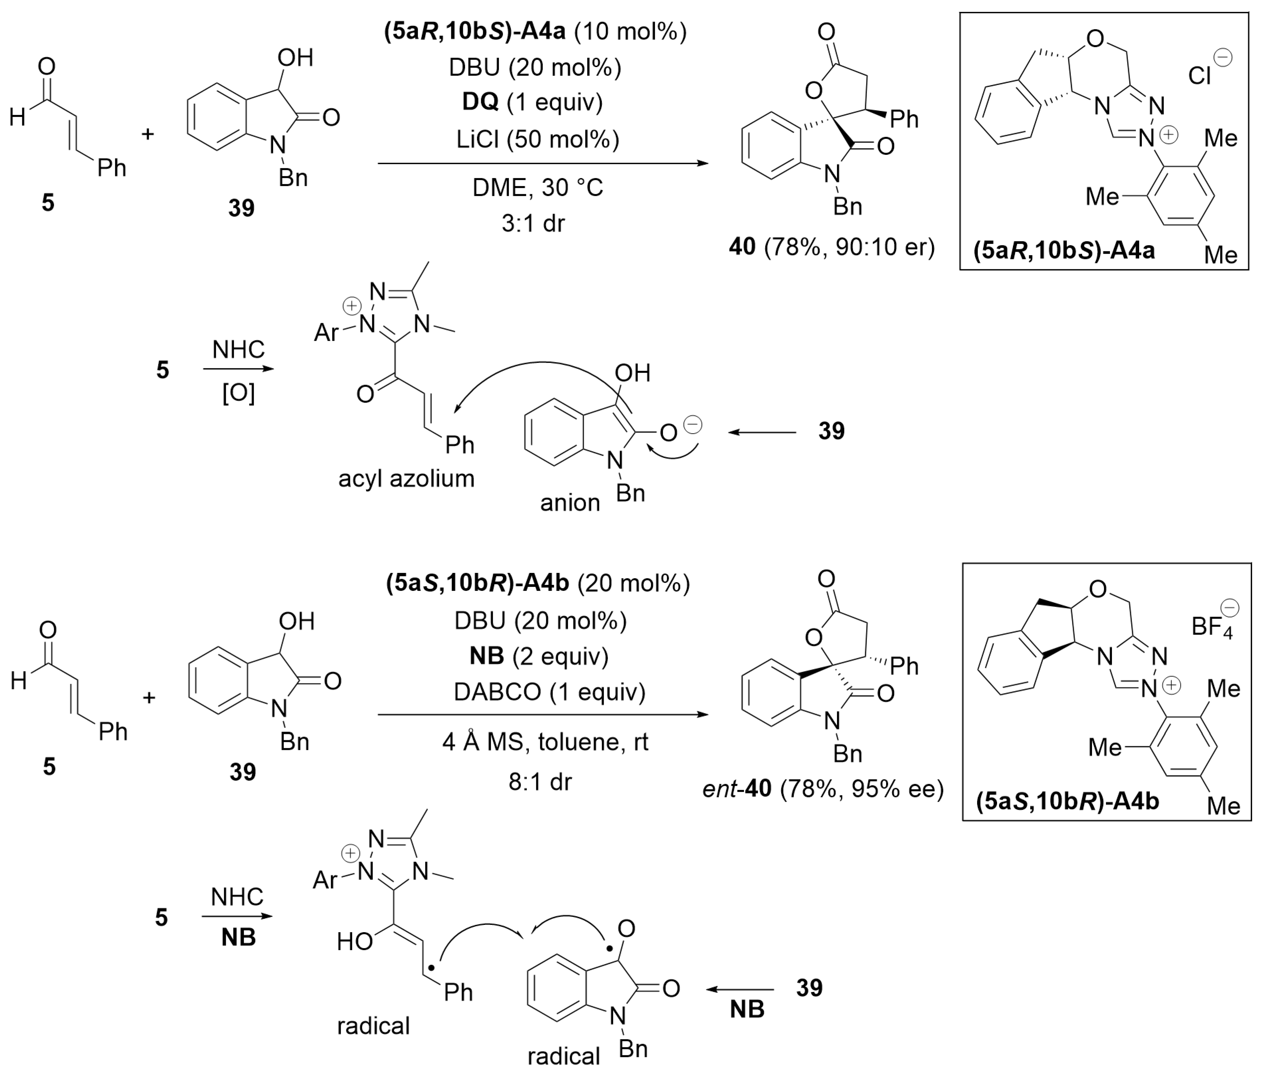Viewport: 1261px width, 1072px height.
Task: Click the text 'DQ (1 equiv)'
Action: (532, 102)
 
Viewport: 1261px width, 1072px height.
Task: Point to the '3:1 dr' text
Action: (533, 223)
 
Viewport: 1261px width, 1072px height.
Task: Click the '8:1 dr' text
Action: (540, 781)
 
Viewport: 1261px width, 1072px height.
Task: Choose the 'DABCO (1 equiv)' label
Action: (549, 691)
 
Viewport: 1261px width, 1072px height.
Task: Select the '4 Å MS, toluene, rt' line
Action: (545, 742)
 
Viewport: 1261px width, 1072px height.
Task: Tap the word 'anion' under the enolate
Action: (570, 502)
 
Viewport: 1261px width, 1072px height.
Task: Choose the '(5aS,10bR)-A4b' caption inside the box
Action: (1067, 802)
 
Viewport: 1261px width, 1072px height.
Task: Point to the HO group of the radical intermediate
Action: (355, 941)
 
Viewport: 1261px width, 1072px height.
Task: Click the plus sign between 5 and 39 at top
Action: (148, 134)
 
